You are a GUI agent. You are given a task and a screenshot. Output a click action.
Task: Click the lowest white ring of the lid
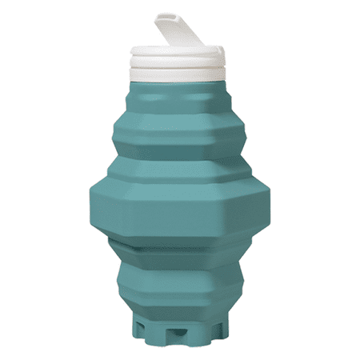click(178, 74)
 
